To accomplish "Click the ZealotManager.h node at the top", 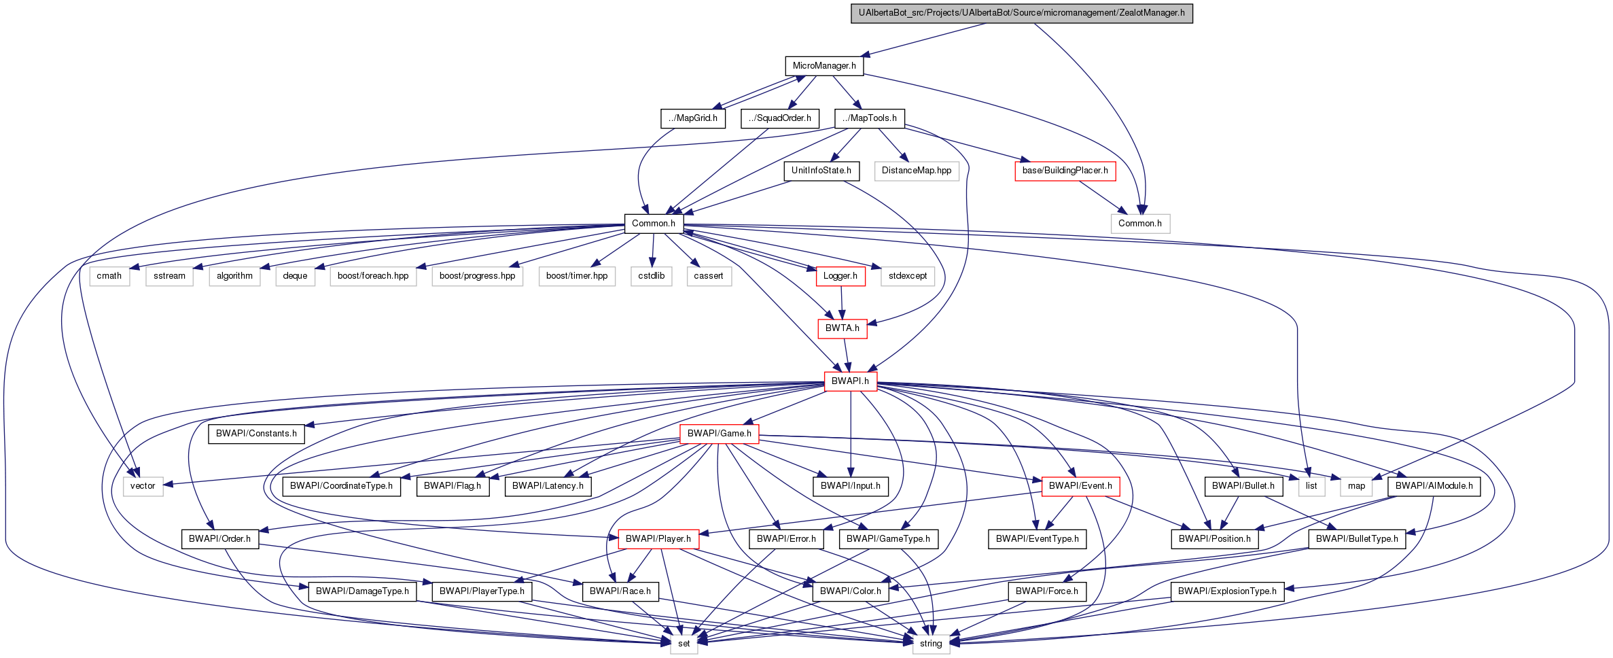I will tap(1021, 13).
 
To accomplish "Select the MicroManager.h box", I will tap(824, 66).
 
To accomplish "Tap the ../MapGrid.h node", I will tap(692, 118).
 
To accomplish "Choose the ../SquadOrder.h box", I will tap(779, 118).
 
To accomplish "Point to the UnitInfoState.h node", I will tap(821, 171).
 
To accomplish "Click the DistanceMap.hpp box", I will tap(916, 171).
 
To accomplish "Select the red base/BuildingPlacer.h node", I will tap(1065, 171).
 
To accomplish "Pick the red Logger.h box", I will tap(840, 276).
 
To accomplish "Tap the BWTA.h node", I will tap(842, 328).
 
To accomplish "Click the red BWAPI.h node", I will tap(850, 381).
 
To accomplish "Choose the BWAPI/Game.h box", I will tap(719, 434).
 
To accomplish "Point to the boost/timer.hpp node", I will tap(576, 276).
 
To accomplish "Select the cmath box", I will tap(109, 276).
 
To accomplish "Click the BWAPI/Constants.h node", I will tap(256, 434).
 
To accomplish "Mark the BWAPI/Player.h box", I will tap(658, 539).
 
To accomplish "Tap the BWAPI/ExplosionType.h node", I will tap(1226, 591).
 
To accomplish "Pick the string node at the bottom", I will tap(930, 644).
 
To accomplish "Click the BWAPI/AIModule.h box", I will tap(1434, 486).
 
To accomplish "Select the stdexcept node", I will tap(907, 276).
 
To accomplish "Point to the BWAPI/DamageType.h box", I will tap(362, 591).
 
